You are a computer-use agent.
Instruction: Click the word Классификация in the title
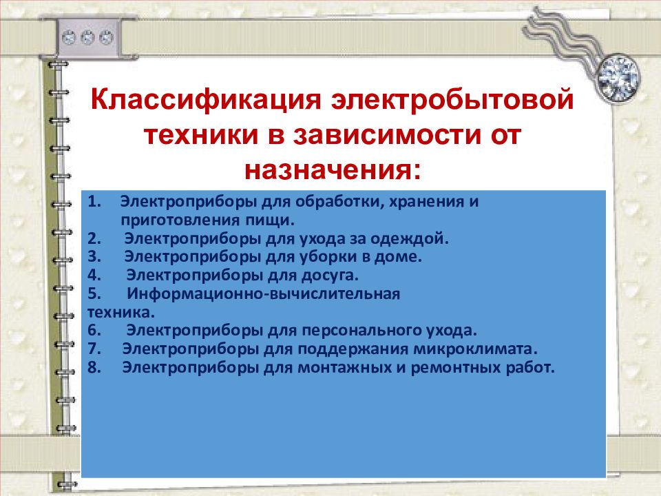(206, 101)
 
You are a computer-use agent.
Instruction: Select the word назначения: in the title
(333, 171)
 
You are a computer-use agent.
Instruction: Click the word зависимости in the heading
(387, 135)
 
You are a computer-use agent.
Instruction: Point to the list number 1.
(94, 202)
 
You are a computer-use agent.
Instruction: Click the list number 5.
(94, 293)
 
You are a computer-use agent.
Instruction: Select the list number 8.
(94, 367)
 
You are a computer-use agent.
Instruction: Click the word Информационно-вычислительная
(263, 293)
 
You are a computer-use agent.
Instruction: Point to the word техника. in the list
(121, 312)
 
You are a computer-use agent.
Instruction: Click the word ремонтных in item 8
(454, 367)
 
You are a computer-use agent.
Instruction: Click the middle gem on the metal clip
(87, 37)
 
